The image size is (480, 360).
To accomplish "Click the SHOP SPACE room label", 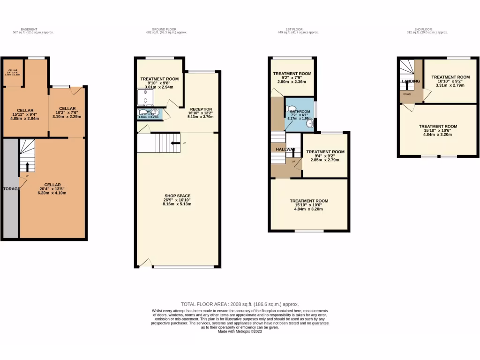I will [177, 195].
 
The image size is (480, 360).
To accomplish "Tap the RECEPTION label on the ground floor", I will [201, 109].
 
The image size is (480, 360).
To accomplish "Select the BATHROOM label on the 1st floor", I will [300, 112].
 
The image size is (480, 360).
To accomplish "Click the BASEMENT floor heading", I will [30, 29].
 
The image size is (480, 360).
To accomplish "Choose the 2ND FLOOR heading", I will [427, 29].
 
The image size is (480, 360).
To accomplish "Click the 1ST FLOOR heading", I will [298, 29].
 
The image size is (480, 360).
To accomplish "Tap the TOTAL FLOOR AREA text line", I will [240, 304].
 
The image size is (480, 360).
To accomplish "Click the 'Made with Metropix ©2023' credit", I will [240, 332].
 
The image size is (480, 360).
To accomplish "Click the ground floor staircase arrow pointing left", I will [176, 143].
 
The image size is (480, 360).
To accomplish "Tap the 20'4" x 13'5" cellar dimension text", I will [52, 189].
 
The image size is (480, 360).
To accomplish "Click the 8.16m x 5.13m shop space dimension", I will [177, 204].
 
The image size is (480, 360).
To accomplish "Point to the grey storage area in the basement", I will [10, 188].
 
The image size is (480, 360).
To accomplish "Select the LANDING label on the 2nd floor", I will [411, 82].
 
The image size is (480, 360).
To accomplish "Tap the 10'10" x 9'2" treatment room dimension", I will [450, 82].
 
